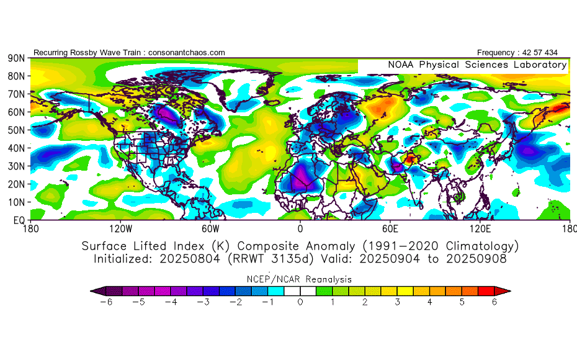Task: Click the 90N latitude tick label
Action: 16,58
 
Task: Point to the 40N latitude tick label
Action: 16,148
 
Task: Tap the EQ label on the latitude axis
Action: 18,220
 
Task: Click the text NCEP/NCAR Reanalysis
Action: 300,279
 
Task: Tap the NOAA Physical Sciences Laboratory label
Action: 477,65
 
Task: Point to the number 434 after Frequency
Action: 549,53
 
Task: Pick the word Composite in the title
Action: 277,246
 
